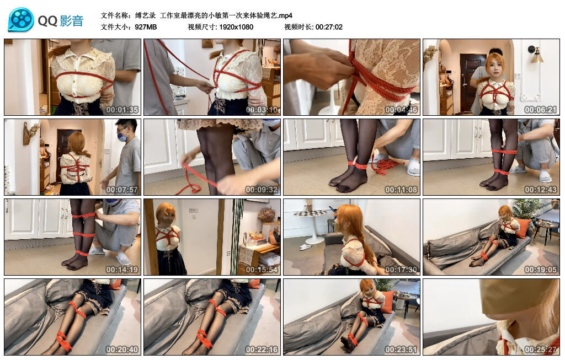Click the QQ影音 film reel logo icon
pyautogui.click(x=21, y=20)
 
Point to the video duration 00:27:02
pyautogui.click(x=329, y=27)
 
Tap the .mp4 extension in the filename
pyautogui.click(x=286, y=15)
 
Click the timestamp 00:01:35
pyautogui.click(x=121, y=110)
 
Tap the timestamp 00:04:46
pyautogui.click(x=401, y=110)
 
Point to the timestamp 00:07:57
pyautogui.click(x=121, y=190)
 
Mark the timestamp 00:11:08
pyautogui.click(x=401, y=190)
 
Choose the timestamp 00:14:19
pyautogui.click(x=121, y=270)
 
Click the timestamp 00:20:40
pyautogui.click(x=121, y=350)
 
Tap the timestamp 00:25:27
pyautogui.click(x=540, y=350)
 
